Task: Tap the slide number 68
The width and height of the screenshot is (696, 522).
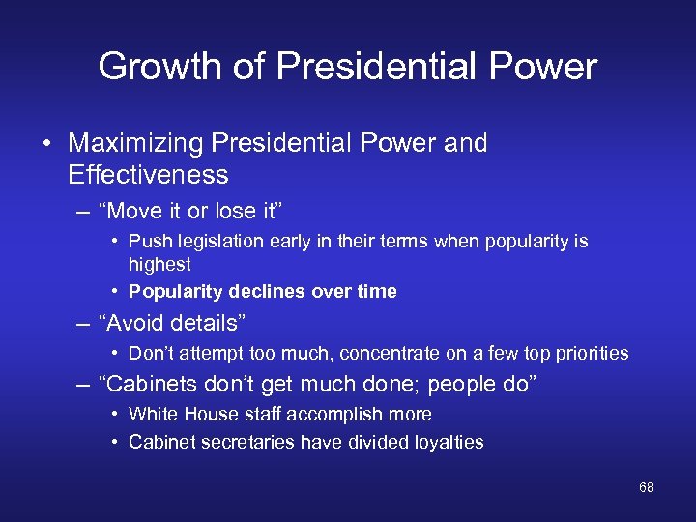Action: (x=647, y=487)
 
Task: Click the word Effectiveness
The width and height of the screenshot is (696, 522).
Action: (x=148, y=175)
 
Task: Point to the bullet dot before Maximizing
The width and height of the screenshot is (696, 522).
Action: (x=46, y=144)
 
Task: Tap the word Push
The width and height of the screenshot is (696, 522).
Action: (x=148, y=241)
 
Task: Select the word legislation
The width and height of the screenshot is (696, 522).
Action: (x=217, y=241)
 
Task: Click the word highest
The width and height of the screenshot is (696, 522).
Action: (x=159, y=264)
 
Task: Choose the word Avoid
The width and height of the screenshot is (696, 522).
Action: (x=140, y=322)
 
